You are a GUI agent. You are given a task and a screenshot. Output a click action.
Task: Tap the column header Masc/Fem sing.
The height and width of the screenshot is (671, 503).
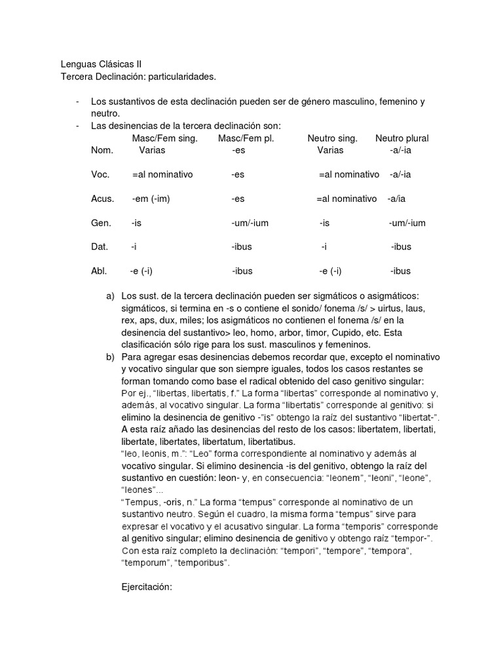pyautogui.click(x=165, y=138)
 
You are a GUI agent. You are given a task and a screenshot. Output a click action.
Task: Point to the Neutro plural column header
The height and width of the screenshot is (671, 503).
pyautogui.click(x=402, y=138)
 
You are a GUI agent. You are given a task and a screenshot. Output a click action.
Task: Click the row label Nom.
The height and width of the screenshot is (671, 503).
pyautogui.click(x=102, y=150)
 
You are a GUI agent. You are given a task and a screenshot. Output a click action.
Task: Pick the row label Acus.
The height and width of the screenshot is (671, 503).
pyautogui.click(x=103, y=199)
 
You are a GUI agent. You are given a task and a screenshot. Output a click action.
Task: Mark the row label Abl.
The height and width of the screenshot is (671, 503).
pyautogui.click(x=100, y=271)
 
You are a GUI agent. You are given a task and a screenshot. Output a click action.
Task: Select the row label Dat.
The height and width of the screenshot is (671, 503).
pyautogui.click(x=100, y=246)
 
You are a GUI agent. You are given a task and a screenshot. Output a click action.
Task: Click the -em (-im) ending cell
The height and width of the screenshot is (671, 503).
pyautogui.click(x=151, y=199)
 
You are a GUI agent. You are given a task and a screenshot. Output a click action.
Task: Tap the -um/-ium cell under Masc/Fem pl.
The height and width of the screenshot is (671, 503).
pyautogui.click(x=250, y=223)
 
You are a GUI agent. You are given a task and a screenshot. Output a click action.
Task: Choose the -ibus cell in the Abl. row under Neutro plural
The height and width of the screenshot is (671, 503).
pyautogui.click(x=400, y=271)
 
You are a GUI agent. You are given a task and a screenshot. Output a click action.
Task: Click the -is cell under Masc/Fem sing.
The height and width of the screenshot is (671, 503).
pyautogui.click(x=136, y=223)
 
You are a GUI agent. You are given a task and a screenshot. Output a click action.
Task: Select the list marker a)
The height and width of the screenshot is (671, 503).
pyautogui.click(x=110, y=297)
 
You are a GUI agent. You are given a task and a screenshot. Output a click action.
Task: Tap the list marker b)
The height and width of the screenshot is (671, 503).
pyautogui.click(x=110, y=357)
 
